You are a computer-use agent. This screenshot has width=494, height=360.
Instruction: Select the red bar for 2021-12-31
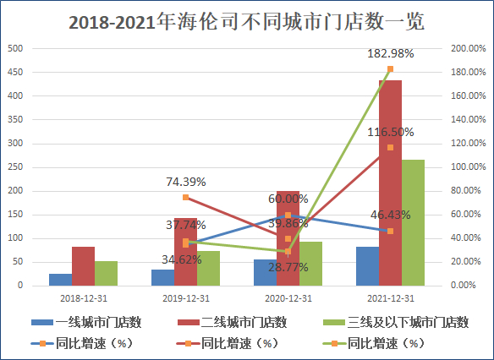pos(390,194)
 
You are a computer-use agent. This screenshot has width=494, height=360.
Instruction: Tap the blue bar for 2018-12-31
pos(60,280)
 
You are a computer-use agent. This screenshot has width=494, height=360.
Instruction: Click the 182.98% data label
pos(391,54)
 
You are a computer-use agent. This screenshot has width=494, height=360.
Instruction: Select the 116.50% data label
pos(391,132)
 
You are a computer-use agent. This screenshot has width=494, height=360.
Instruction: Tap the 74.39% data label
pos(186,182)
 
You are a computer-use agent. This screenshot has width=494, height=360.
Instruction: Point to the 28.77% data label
pos(288,266)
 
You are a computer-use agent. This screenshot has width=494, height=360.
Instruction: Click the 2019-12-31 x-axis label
pos(186,298)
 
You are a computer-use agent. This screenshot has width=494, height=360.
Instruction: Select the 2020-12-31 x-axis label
pos(288,298)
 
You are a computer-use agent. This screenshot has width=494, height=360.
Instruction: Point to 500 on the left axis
pos(15,48)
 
